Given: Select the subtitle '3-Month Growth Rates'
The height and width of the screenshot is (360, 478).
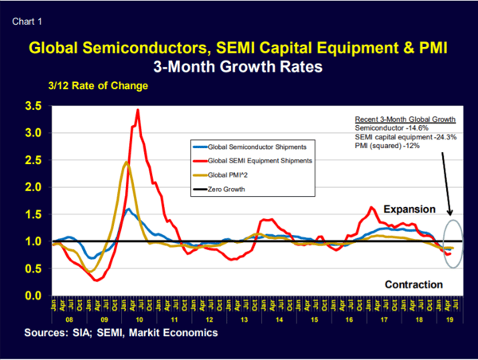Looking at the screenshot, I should [238, 68].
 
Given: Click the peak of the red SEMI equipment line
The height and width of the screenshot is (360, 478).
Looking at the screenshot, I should [139, 110].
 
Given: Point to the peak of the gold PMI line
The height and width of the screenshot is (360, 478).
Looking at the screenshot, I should [127, 162].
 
